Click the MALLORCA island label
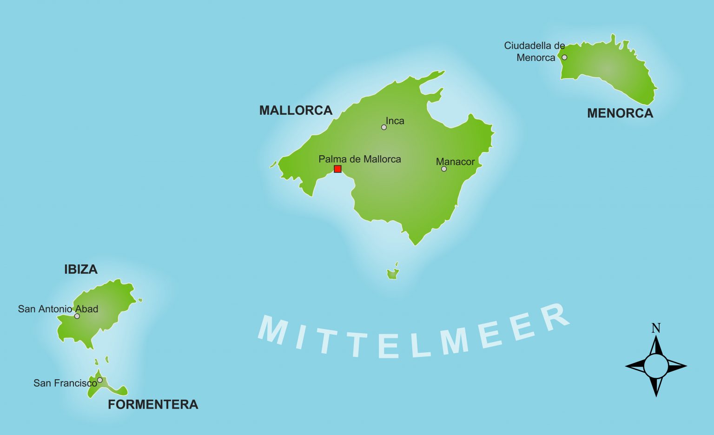tap(296, 111)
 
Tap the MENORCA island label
tap(620, 113)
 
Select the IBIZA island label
tap(81, 270)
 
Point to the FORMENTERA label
tap(153, 404)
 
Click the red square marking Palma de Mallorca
tap(337, 169)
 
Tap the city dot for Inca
tap(384, 127)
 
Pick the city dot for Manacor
tap(444, 169)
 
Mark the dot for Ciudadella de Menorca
tap(564, 58)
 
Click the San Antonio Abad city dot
tap(77, 316)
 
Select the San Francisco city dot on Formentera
tap(100, 380)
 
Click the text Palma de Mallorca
tap(359, 159)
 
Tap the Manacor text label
tap(455, 162)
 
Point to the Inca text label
tap(395, 121)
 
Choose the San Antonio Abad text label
tap(58, 309)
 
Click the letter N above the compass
tap(656, 328)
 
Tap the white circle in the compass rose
tap(656, 366)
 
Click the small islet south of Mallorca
tap(393, 274)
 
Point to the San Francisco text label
tap(65, 383)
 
